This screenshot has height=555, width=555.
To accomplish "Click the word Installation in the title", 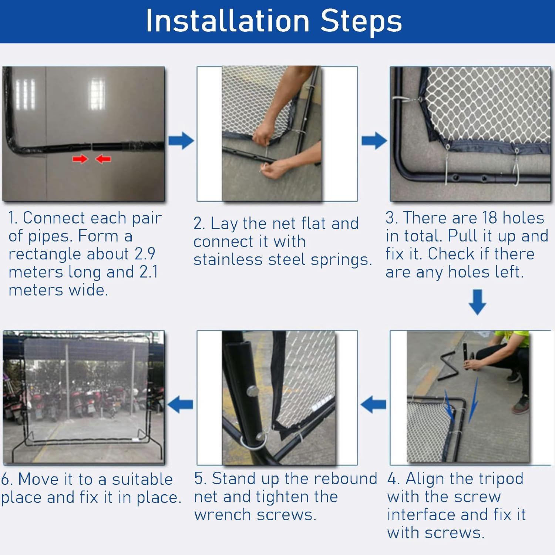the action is point(228,21).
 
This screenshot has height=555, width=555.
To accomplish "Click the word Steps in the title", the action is point(361,21).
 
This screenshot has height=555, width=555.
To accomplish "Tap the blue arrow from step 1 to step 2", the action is point(181,141).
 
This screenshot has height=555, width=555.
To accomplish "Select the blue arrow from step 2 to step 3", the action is point(374,141).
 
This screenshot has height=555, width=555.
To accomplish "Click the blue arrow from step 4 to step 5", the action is point(373,404).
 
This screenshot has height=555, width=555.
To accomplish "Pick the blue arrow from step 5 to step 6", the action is point(180,404).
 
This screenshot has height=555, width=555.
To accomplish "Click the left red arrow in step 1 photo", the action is point(80,159).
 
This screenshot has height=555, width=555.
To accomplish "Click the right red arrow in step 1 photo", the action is point(103,159).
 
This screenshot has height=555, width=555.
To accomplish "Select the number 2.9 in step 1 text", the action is point(145,254).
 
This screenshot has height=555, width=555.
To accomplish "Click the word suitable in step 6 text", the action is point(142,480).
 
